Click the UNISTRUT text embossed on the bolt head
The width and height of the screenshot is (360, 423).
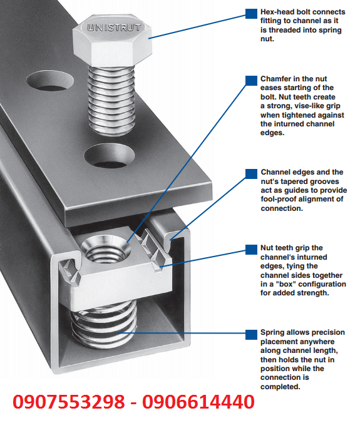114,28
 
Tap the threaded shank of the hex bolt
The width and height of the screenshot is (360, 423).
111,100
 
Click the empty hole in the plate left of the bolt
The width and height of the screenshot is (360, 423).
50,80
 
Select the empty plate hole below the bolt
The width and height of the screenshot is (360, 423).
110,155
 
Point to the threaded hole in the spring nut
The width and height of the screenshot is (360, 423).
105,249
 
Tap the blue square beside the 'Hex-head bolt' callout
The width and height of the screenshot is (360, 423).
251,14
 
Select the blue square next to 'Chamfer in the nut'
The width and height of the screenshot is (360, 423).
251,80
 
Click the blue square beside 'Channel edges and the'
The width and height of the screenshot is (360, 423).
251,174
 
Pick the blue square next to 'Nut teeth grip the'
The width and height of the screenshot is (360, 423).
251,250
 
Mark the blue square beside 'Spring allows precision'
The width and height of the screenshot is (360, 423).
251,335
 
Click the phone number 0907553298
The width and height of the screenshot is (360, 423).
69,402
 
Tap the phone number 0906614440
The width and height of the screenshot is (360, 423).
198,402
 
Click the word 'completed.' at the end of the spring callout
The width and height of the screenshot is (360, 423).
280,387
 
